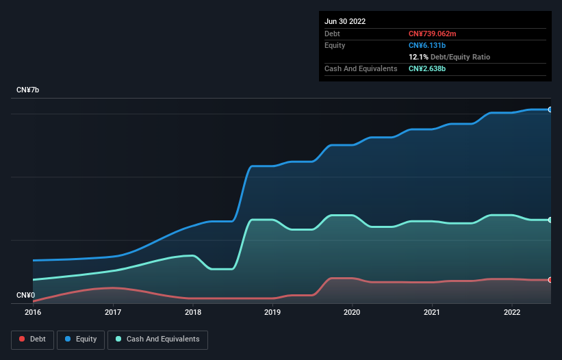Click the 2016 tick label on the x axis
(33, 312)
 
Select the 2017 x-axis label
(113, 312)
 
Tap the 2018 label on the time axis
(193, 312)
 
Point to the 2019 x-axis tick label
(272, 312)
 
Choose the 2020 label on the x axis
(353, 312)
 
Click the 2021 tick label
(433, 312)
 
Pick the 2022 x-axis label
(512, 312)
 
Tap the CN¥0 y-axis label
(26, 295)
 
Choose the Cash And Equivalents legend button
(157, 339)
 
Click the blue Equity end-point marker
(550, 110)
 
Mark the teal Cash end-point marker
(550, 220)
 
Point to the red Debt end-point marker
(550, 280)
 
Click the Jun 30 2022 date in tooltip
(345, 21)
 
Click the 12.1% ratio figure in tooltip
(418, 57)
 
